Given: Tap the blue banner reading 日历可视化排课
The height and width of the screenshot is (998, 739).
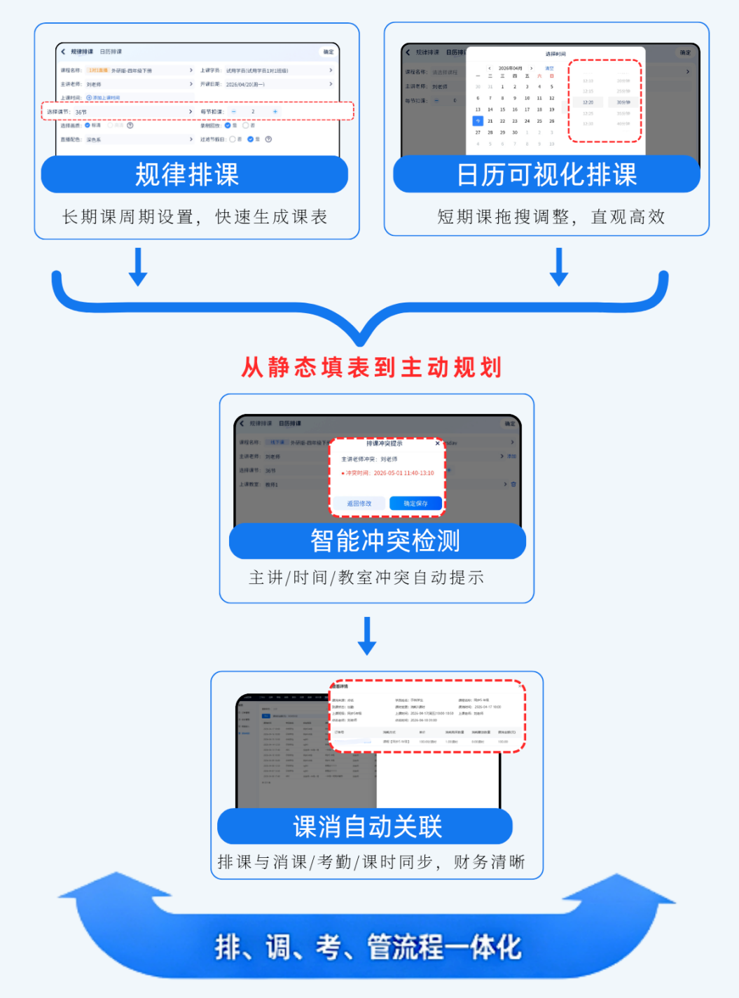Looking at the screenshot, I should [546, 174].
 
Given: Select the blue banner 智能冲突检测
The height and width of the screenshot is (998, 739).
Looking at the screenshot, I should [378, 541].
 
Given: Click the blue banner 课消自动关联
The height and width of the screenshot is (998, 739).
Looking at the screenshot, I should [366, 826].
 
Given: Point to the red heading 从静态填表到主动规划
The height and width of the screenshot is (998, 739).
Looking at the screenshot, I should [371, 367].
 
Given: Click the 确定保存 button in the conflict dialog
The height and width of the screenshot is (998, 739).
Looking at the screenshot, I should [415, 504].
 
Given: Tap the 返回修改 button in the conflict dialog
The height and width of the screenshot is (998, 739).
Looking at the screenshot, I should [359, 504].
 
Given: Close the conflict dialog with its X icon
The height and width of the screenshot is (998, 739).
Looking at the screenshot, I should [437, 443].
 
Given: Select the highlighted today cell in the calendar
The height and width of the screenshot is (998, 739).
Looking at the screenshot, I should [478, 121].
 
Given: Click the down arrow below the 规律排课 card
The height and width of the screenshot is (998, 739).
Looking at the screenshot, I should [138, 267].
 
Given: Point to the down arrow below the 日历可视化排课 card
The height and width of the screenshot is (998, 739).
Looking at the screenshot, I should [559, 267].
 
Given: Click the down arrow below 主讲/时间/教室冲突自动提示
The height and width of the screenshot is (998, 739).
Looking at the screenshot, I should [367, 636].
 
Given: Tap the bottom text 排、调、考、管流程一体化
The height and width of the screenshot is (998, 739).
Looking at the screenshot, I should [368, 948].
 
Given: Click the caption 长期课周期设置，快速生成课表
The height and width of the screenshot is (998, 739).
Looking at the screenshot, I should [195, 217].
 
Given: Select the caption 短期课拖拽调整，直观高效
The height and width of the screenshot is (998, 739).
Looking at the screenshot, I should [551, 217].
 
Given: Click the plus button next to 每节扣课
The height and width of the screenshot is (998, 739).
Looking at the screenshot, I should [275, 112].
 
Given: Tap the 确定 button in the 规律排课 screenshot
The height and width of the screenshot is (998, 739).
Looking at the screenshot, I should [329, 52].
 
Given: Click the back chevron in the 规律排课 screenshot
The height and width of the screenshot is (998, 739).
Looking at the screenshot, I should [63, 52].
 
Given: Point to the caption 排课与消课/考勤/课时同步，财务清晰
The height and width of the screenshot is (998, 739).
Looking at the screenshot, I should [371, 862].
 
